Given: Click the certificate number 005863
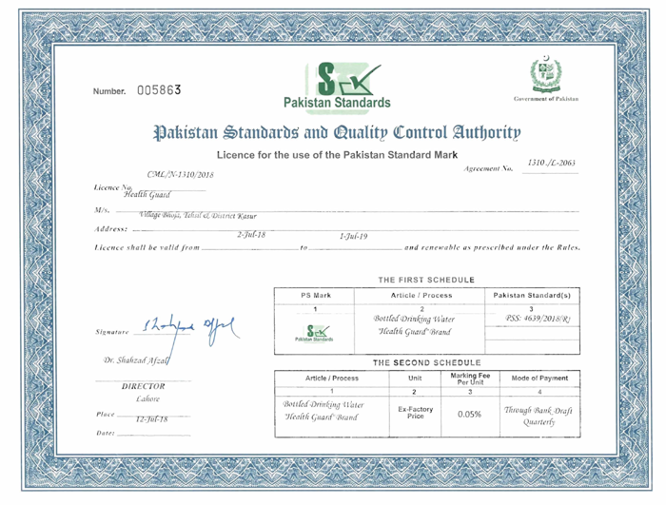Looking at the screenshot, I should pos(159,90).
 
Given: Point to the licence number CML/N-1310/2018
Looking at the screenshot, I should pos(181,175).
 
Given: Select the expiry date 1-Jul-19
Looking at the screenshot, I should pos(353,236).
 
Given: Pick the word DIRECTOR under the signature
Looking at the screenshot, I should pos(144,386).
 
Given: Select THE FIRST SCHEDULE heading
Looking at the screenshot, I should pos(425,280).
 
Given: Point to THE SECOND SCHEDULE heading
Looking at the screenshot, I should pos(426,363).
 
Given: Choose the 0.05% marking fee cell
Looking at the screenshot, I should pos(469,415).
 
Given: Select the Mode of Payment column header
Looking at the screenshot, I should pos(539,378).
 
